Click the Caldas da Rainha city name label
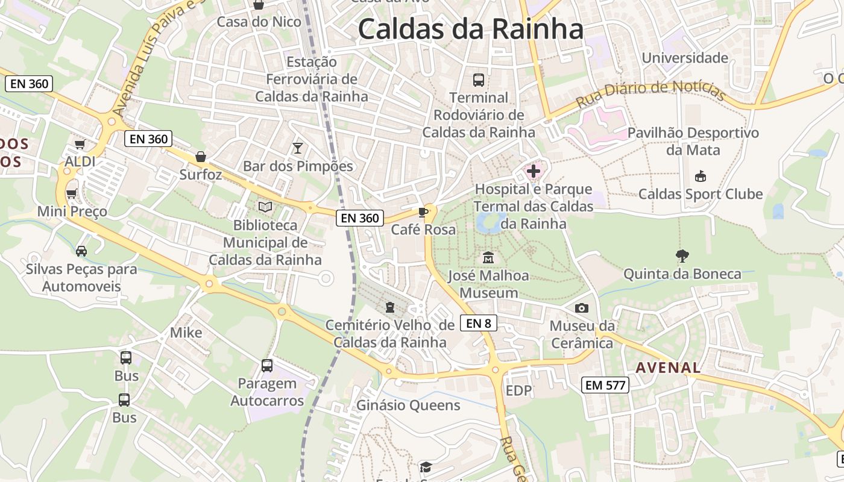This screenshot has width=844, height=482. click(x=471, y=29)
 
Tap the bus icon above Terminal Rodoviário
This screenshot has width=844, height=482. click(x=479, y=80)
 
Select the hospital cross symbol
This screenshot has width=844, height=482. click(x=534, y=172)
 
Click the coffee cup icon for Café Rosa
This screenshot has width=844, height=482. click(x=423, y=212)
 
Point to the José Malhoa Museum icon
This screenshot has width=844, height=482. click(x=488, y=258)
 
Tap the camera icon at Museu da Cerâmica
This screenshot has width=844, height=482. click(x=582, y=308)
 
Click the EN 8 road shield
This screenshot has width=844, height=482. click(x=478, y=323)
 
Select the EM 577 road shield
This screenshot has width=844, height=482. click(x=606, y=385)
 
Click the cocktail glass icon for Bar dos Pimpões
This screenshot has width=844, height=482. click(x=298, y=148)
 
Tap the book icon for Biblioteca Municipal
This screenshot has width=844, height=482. click(x=265, y=207)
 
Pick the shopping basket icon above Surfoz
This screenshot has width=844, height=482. click(x=201, y=157)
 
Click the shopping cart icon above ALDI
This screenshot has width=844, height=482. click(x=80, y=144)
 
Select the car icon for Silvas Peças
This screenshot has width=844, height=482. click(x=81, y=251)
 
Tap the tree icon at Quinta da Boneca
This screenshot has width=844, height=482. click(x=682, y=256)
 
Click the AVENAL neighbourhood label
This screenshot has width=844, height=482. click(x=668, y=367)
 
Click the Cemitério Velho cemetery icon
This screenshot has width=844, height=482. click(x=390, y=307)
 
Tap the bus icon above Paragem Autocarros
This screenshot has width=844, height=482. click(x=267, y=365)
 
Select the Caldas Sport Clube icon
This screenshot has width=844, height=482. click(x=701, y=177)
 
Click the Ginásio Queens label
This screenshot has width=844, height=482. click(x=408, y=405)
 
